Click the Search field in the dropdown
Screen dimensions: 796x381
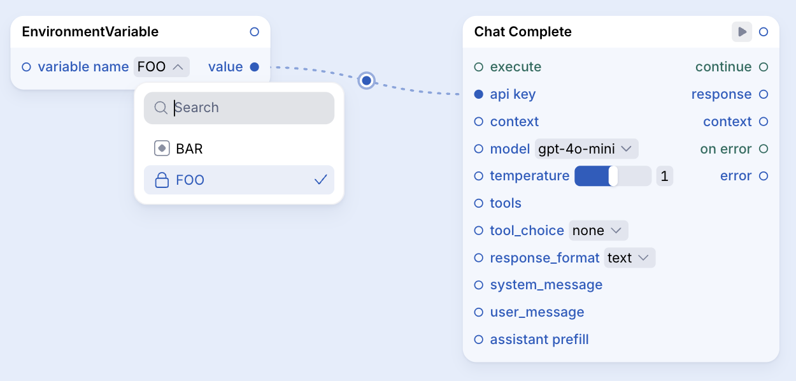coord(239,108)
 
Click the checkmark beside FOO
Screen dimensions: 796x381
coord(320,180)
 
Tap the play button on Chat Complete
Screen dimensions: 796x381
coord(742,32)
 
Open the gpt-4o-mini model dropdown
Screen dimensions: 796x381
coord(586,148)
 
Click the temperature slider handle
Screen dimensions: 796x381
coord(613,176)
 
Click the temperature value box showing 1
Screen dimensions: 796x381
coord(664,176)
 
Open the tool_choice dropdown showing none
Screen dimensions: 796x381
coord(598,231)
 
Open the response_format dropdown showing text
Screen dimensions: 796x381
coord(629,257)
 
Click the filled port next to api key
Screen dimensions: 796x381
coord(479,94)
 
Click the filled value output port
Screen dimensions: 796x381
coord(255,67)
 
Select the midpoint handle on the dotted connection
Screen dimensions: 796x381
coord(367,81)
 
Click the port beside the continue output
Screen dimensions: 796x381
coord(764,67)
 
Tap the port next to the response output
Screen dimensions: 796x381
coord(764,94)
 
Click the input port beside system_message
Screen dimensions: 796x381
coord(479,285)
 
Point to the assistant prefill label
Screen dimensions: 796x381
coord(539,340)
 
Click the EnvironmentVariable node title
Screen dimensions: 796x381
coord(90,32)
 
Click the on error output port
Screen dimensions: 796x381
coord(764,148)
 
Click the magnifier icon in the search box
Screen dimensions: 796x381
coord(161,108)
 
